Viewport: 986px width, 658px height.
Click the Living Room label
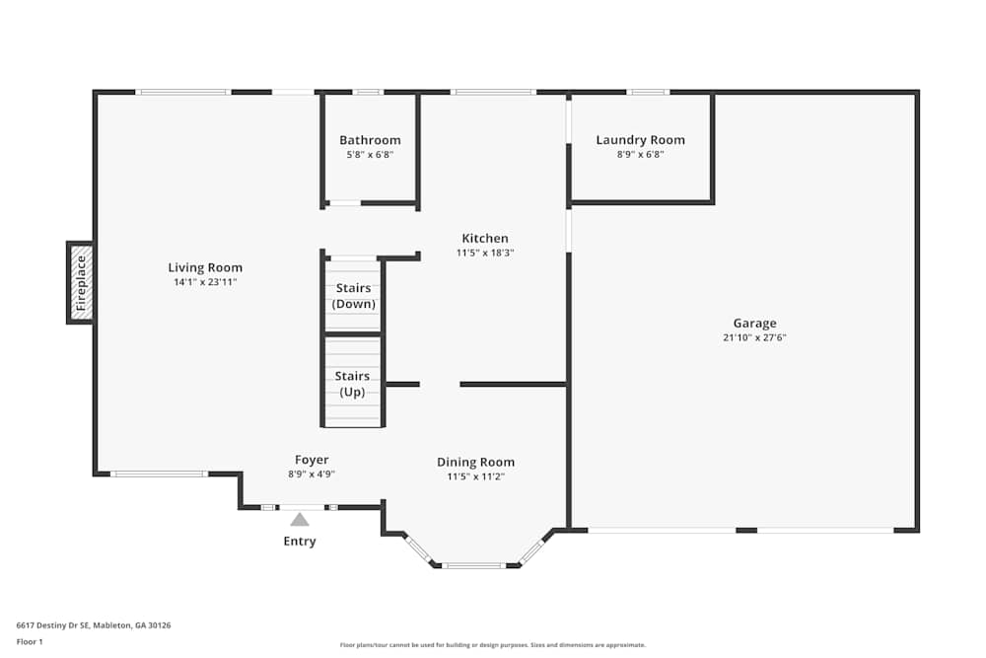[205, 267]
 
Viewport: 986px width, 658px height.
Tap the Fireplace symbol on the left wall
[81, 283]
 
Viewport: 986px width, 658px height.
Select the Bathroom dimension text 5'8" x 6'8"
[370, 155]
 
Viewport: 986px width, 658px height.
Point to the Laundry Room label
[640, 140]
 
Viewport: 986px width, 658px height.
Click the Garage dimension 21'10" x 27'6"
[754, 337]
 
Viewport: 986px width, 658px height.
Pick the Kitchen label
[485, 239]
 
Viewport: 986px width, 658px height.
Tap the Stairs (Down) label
[353, 296]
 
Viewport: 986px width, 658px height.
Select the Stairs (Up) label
[352, 384]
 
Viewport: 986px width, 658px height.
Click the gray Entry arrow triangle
[300, 520]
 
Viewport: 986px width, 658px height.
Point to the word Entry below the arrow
[300, 541]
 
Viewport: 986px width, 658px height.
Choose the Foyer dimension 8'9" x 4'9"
[312, 475]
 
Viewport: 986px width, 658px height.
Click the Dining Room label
[475, 463]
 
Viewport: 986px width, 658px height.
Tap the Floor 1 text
[30, 641]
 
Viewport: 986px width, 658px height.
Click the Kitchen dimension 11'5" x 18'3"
[485, 253]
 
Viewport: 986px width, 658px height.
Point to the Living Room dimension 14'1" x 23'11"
[205, 282]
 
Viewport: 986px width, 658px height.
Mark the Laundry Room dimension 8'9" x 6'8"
[640, 155]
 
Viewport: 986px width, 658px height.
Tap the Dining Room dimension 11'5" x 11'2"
[475, 476]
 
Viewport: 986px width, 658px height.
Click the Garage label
[754, 324]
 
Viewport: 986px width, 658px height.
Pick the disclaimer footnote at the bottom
[492, 645]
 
